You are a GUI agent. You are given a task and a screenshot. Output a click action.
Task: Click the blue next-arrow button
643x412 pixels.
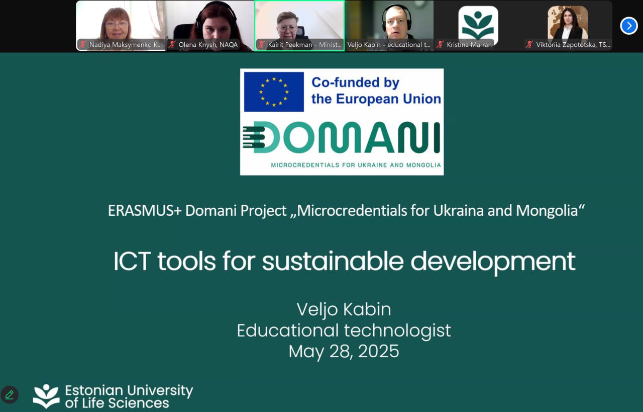click(628, 26)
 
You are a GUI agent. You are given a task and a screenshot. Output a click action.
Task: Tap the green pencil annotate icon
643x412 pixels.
click(10, 394)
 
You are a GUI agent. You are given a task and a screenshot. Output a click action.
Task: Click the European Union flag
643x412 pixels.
click(274, 92)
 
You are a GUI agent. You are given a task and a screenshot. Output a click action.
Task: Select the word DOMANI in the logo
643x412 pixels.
click(342, 137)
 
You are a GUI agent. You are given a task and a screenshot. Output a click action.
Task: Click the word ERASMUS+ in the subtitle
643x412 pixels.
click(145, 210)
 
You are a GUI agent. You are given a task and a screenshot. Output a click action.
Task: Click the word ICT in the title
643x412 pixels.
click(132, 261)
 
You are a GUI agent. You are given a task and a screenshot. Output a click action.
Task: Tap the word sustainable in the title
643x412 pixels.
click(333, 261)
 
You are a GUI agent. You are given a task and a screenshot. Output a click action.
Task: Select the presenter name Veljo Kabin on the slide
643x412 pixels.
click(344, 309)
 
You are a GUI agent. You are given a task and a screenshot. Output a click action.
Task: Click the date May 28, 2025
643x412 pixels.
click(344, 351)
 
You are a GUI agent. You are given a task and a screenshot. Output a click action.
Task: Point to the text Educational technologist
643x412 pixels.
click(344, 331)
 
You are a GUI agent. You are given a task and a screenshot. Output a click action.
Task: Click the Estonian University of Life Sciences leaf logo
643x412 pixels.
click(46, 396)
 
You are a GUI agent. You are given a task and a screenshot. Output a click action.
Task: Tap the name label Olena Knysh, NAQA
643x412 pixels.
click(208, 45)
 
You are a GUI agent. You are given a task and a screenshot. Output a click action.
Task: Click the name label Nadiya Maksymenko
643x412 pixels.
click(126, 45)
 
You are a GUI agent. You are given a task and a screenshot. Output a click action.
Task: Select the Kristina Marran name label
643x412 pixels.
click(469, 45)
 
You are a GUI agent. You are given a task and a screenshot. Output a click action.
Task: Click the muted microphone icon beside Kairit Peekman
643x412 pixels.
click(261, 44)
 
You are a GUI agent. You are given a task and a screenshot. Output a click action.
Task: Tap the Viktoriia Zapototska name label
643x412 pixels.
click(573, 45)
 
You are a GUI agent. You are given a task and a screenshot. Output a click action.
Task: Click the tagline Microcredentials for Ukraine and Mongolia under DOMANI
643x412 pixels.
click(356, 165)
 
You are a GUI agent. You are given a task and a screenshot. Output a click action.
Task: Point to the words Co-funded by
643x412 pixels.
click(355, 83)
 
